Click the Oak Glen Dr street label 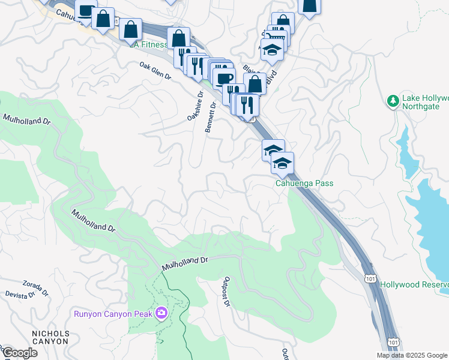point(155,72)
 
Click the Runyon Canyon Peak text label point(113,313)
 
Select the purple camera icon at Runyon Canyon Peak point(161,313)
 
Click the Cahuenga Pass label point(304,184)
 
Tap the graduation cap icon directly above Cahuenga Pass point(282,163)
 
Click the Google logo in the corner point(20,353)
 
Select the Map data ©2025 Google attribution point(412,355)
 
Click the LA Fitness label point(148,44)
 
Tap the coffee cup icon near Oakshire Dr point(223,78)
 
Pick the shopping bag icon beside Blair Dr point(255,84)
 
